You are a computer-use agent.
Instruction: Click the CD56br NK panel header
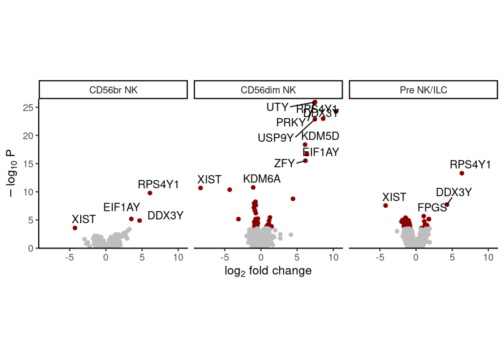coord(113,90)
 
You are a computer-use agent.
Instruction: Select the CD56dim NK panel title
coord(268,90)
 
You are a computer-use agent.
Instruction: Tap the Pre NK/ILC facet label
coord(423,90)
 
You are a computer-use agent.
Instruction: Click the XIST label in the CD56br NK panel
coord(84,219)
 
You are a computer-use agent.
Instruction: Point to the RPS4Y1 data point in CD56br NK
coord(150,193)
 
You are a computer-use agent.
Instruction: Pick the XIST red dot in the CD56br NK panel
coord(75,228)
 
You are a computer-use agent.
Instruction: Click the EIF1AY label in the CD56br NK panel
coord(121,207)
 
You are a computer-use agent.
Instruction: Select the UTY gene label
coord(277,107)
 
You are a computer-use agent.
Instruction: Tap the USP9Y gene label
coord(276,138)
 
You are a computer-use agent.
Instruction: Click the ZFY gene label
coord(284,163)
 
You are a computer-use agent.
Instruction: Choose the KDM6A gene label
coord(262,179)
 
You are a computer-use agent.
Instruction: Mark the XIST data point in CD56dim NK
coord(201,188)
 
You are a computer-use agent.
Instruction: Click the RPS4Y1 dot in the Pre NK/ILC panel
coord(462,173)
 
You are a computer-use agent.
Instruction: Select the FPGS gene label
coord(432,208)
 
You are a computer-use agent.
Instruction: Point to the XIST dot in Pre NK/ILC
coord(385,205)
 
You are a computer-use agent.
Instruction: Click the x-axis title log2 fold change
coord(268,271)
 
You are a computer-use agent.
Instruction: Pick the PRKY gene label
coord(290,123)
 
